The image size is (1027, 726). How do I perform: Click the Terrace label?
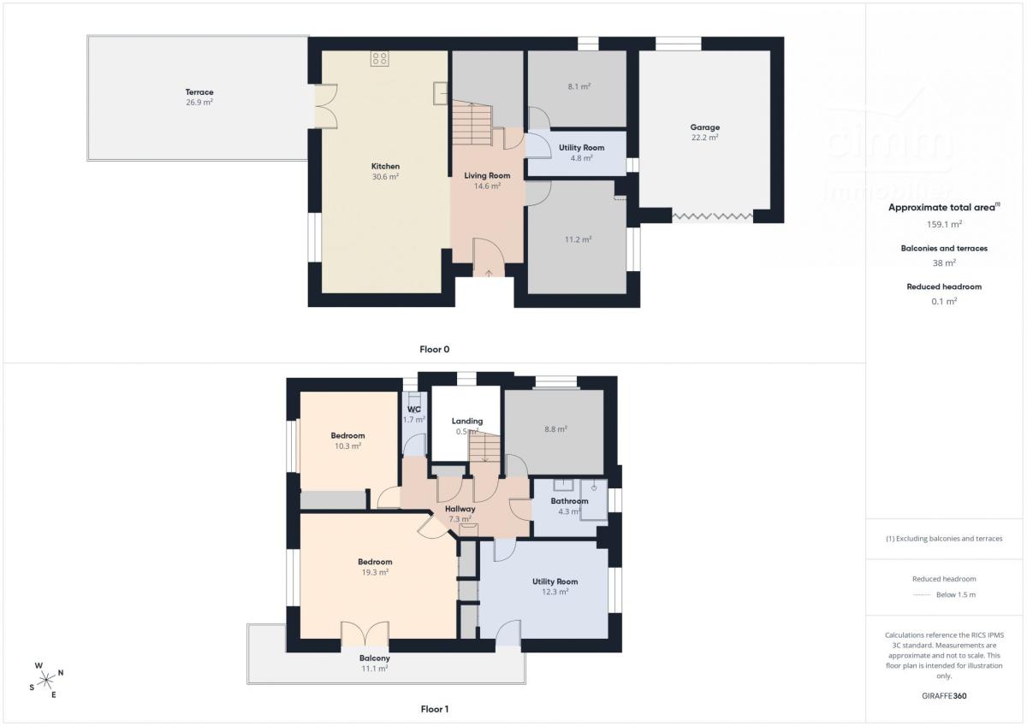pos(199,92)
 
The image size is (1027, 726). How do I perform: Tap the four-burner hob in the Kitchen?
pos(380,59)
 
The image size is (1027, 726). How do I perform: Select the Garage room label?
pos(704,127)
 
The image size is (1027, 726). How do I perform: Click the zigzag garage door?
pos(712,215)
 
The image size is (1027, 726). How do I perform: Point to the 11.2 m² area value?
pos(578,239)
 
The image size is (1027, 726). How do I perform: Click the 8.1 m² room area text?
pos(579,86)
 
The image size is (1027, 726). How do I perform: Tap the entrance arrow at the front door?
pos(489,274)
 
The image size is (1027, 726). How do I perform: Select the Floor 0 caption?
pos(434,350)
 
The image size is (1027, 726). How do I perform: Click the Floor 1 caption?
pos(434,709)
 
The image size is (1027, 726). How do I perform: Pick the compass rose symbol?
pos(46,680)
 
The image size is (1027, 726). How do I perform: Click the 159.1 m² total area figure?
pos(944,224)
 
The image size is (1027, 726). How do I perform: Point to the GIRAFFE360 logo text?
pos(944,696)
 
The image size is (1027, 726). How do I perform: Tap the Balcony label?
pos(375,658)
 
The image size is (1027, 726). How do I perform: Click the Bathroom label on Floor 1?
pos(569,501)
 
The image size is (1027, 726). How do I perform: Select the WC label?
pos(413,410)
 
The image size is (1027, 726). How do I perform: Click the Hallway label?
pos(460,509)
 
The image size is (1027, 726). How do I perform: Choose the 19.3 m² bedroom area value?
pos(375,573)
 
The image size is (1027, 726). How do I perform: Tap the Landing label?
pos(466,421)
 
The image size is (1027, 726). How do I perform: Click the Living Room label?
pos(487,175)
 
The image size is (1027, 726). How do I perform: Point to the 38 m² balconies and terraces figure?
pos(944,263)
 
